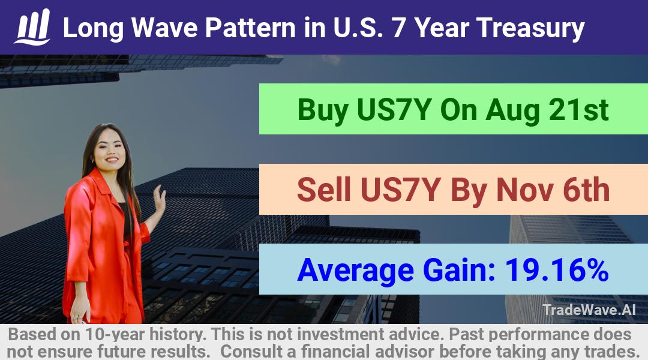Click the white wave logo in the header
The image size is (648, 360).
pos(32,27)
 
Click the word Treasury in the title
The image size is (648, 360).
pos(530,29)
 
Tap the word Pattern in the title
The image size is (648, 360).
pos(250,28)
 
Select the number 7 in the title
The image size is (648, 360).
pos(398,28)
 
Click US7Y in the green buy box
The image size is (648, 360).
pos(394,110)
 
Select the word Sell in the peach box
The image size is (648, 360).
pos(324,190)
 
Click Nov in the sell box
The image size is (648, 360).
pos(525,190)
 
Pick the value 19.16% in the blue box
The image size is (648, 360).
pos(557,270)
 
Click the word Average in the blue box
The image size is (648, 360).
pos(355,271)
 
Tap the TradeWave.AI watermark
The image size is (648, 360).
pos(589,310)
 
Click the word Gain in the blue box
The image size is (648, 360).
pos(459,270)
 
